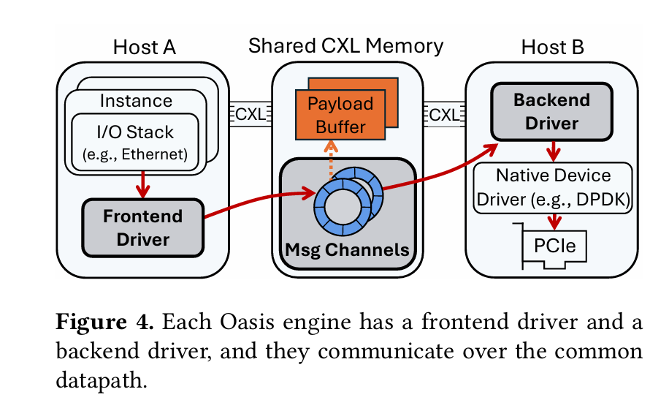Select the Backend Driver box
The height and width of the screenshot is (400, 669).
coord(551,111)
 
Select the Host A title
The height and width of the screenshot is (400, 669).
coord(145,48)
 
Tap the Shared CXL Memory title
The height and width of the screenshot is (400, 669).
coord(345,46)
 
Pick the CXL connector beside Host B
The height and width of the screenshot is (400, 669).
coord(443,114)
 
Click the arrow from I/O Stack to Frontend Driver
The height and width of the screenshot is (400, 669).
coord(142,186)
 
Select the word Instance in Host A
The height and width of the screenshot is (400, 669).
coord(137,101)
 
